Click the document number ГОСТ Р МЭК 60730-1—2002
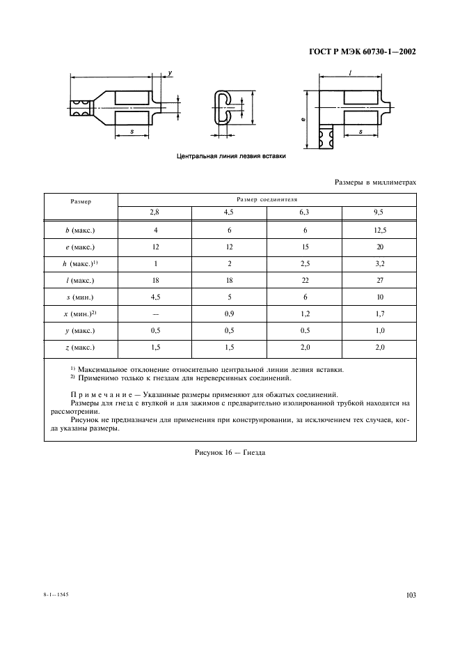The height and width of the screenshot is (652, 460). (x=362, y=52)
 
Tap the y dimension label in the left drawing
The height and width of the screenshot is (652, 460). (x=170, y=73)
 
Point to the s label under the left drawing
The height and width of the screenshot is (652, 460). (x=132, y=130)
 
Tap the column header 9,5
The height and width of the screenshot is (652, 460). (x=379, y=212)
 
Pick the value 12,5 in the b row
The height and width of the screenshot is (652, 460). (x=379, y=230)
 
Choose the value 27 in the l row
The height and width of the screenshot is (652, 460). (x=379, y=280)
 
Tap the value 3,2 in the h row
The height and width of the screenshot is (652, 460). (x=379, y=263)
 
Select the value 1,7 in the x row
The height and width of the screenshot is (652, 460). (x=379, y=313)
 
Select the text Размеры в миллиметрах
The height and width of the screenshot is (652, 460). (x=375, y=182)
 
